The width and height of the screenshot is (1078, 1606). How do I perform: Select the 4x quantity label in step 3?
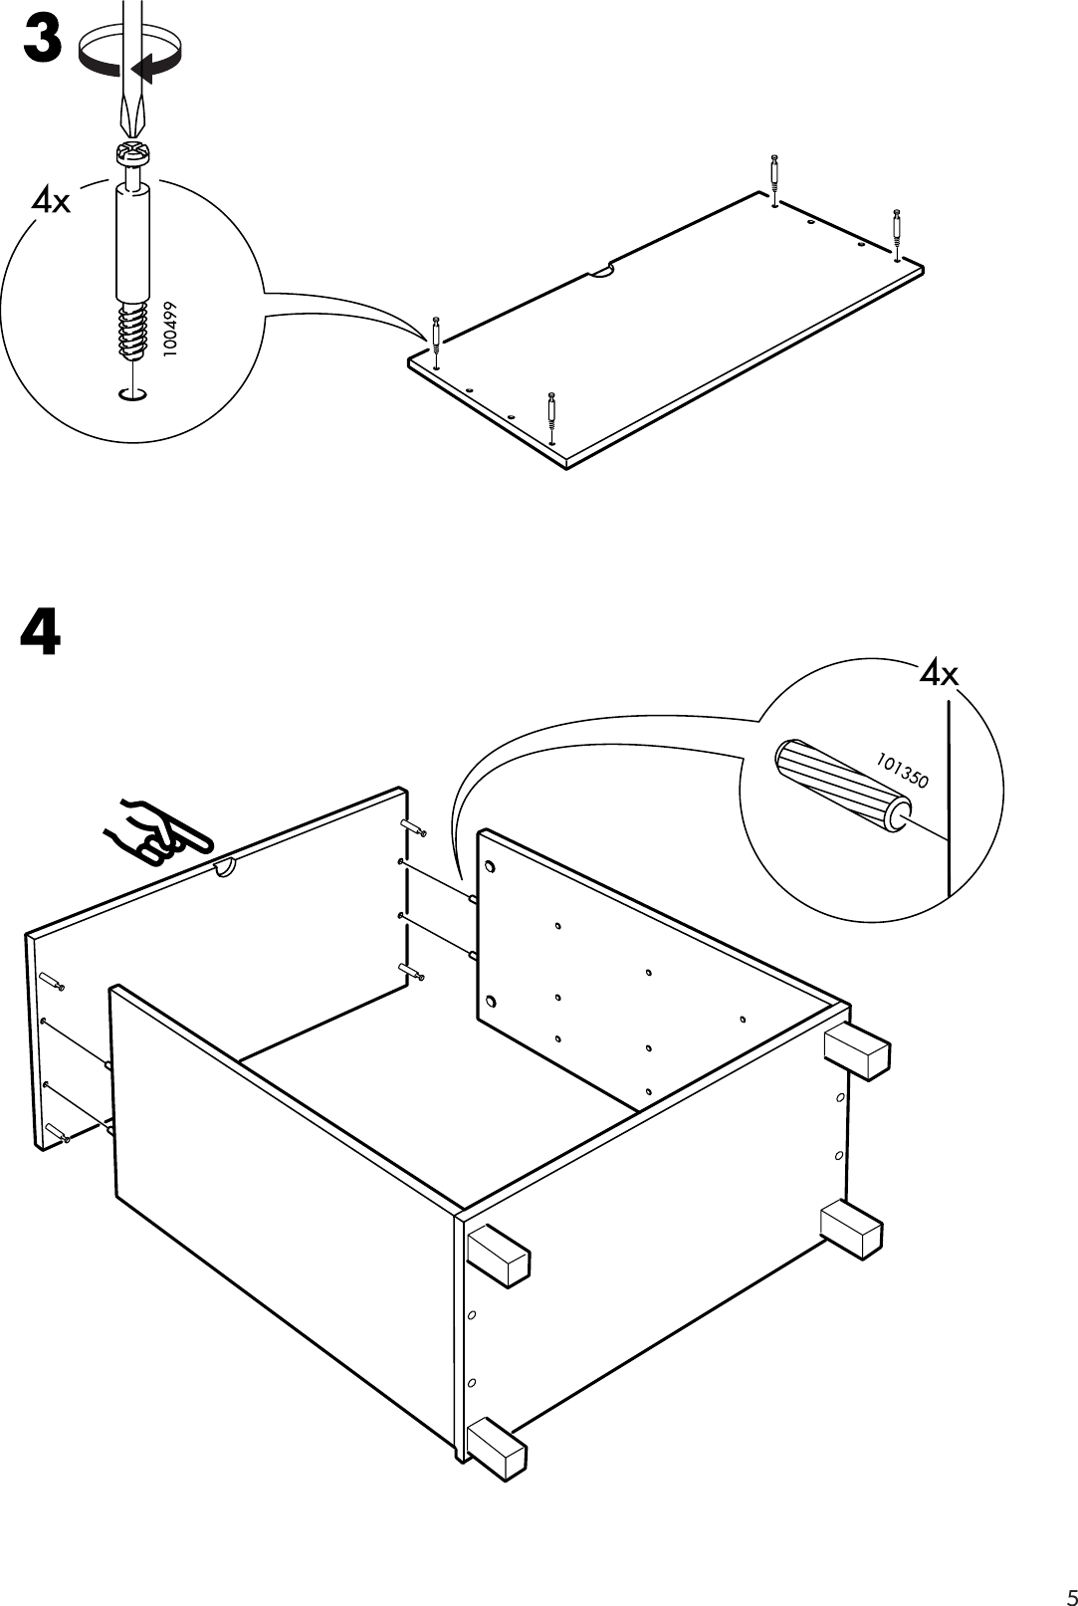(x=52, y=201)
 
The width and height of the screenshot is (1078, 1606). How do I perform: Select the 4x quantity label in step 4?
(x=938, y=674)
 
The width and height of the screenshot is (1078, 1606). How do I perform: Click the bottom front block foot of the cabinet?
(x=496, y=1446)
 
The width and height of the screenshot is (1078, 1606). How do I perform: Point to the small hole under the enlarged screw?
(x=132, y=395)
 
